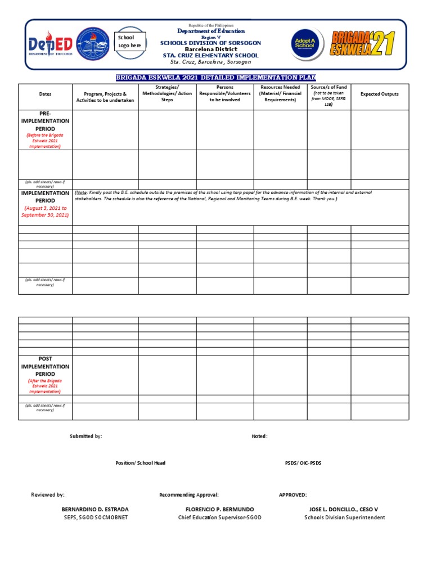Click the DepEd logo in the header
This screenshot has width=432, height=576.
coord(49,44)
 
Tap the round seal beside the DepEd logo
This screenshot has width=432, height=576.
coord(93,44)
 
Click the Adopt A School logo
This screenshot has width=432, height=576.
coord(308,44)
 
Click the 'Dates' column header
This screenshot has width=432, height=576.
coord(45,94)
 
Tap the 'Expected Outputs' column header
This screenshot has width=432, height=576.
coord(380,94)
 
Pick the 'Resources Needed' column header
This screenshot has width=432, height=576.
coord(280,93)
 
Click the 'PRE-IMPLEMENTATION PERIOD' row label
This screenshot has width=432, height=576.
coord(45,121)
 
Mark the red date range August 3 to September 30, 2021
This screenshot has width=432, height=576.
coord(45,211)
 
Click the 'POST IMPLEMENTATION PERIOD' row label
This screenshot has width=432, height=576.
coord(45,366)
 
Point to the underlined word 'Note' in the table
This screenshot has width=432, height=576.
coord(82,193)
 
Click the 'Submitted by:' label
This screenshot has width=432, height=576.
coord(85,436)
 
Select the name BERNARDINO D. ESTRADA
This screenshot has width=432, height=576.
coord(94,510)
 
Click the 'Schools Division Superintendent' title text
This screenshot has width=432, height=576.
coord(344,517)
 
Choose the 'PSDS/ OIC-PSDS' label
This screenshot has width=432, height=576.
coord(303,463)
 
